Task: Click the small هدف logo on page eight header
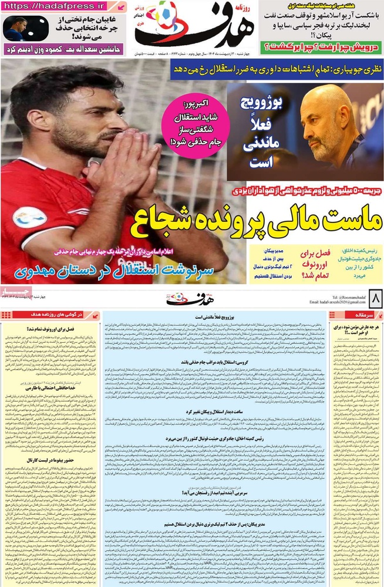[186, 298]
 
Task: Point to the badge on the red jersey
[28, 217]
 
